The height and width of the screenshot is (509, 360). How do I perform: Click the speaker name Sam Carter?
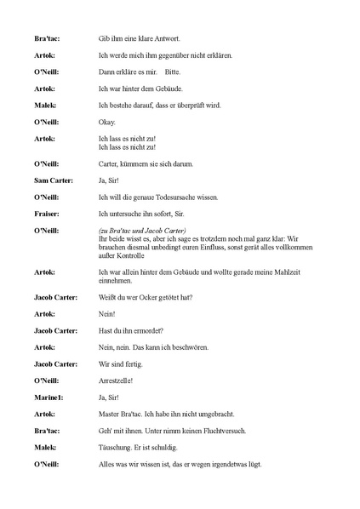pyautogui.click(x=53, y=180)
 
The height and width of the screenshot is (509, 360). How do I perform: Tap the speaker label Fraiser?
pyautogui.click(x=46, y=214)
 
